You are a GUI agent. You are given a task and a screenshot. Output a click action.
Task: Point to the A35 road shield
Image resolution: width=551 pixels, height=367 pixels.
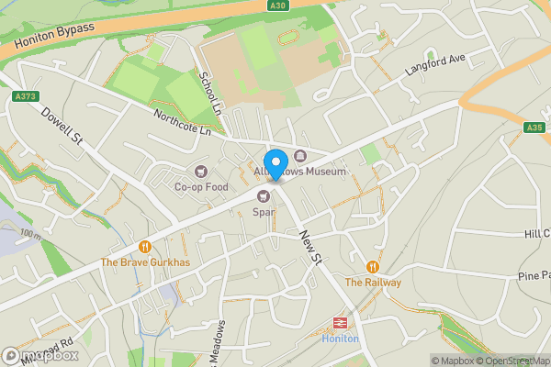534,128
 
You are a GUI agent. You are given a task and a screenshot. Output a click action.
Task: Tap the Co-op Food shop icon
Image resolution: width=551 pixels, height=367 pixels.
201,171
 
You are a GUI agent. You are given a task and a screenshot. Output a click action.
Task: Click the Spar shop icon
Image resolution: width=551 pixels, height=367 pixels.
264,195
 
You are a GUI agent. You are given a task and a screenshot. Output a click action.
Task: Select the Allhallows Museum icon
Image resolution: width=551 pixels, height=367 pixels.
300,155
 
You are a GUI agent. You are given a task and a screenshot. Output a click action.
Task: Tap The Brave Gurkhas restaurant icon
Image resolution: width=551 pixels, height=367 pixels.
145,246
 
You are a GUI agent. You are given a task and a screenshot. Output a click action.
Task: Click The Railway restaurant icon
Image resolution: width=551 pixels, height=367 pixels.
373,266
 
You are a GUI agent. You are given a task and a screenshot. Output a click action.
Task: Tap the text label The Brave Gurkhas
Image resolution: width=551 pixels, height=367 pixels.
145,263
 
